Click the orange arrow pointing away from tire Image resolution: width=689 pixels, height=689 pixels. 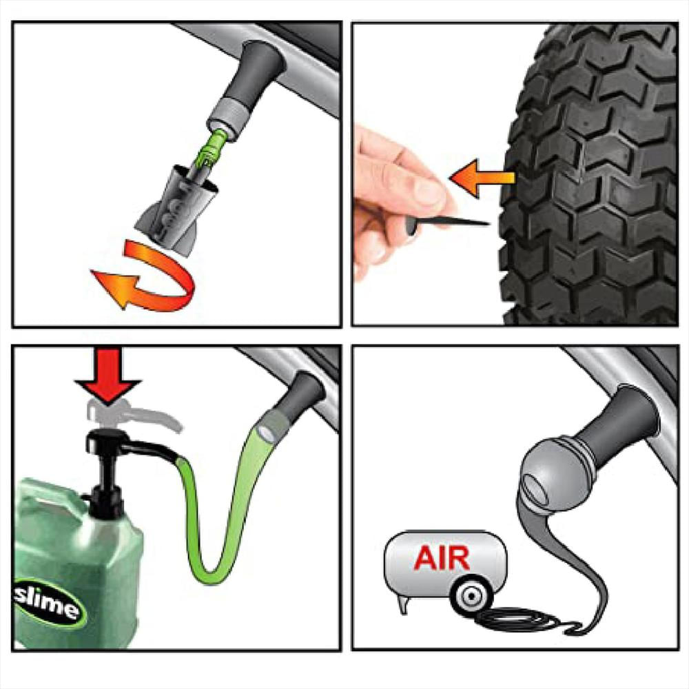(482, 178)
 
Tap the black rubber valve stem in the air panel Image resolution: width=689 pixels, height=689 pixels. (625, 422)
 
